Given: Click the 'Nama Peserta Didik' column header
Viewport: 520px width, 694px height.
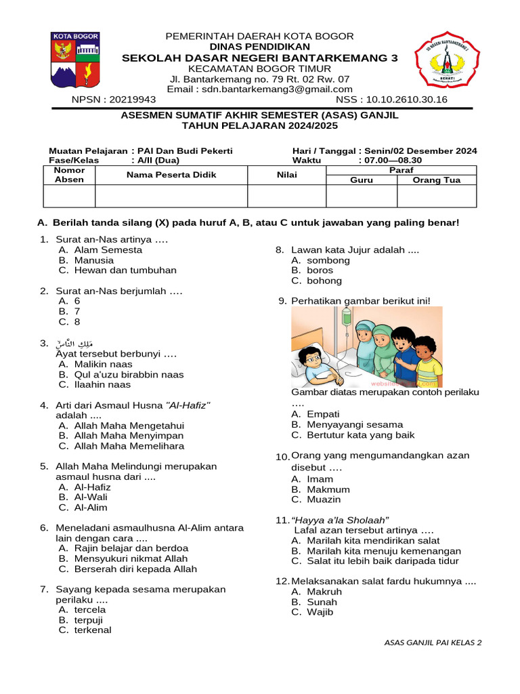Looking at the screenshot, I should (x=171, y=175).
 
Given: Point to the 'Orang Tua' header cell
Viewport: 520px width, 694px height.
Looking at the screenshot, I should (x=436, y=180).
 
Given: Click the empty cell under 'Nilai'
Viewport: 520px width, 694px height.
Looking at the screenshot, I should (x=286, y=196).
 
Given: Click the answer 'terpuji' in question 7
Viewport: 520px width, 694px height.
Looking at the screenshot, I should (x=89, y=619).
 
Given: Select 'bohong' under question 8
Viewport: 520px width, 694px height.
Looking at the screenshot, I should (x=324, y=281).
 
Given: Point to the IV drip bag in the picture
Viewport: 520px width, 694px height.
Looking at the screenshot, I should (x=347, y=314).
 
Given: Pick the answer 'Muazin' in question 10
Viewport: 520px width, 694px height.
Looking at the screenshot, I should (x=324, y=499).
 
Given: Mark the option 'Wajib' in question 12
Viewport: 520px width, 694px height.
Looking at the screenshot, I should (x=320, y=612).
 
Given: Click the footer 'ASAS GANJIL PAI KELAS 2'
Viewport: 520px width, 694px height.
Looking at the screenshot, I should (x=433, y=642).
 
